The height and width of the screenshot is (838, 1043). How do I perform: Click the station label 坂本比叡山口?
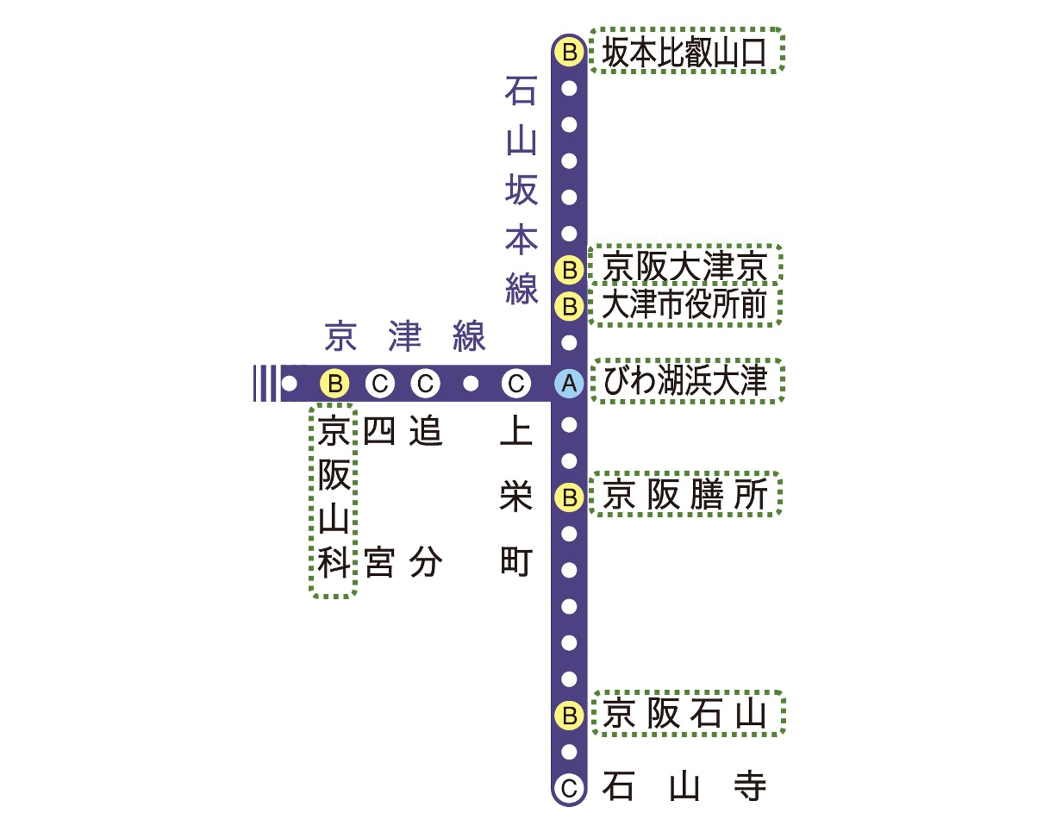(684, 52)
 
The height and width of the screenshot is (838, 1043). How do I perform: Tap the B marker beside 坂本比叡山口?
(570, 52)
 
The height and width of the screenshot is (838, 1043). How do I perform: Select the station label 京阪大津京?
(684, 266)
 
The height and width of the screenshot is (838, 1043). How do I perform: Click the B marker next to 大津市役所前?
(570, 306)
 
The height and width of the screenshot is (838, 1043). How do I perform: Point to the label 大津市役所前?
(684, 305)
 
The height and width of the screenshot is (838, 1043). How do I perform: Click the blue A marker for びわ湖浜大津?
(570, 384)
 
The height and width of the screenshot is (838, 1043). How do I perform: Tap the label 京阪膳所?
(684, 495)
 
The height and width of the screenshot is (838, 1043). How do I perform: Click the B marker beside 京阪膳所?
(570, 497)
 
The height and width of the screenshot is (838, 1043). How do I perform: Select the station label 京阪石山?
(684, 713)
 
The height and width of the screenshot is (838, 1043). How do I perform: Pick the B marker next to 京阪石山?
(570, 716)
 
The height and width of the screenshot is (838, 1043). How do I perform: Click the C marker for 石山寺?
(570, 789)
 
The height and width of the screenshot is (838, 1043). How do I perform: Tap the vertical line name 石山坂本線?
(521, 190)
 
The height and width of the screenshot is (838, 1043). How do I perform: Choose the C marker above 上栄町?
(516, 384)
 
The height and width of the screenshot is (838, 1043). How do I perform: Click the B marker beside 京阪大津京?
(570, 270)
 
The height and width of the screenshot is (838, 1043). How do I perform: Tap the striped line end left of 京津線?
(265, 384)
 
